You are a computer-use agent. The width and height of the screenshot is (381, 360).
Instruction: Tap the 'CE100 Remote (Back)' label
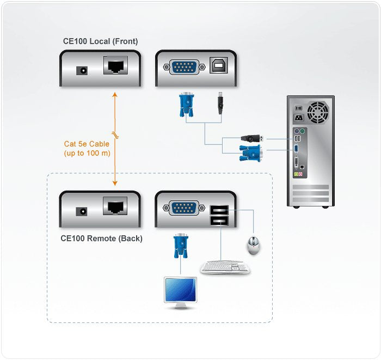pyautogui.click(x=102, y=238)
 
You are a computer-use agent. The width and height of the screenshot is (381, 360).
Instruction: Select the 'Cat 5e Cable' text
pyautogui.click(x=87, y=144)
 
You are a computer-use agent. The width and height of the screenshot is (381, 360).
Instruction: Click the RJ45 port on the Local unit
pyautogui.click(x=116, y=67)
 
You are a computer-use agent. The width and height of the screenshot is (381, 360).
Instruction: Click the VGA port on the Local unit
pyautogui.click(x=185, y=68)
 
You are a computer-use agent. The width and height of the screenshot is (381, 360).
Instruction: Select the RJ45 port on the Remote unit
pyautogui.click(x=116, y=207)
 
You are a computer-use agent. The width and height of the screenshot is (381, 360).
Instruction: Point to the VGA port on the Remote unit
pyautogui.click(x=185, y=208)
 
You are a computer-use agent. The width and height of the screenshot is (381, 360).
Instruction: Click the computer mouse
pyautogui.click(x=253, y=245)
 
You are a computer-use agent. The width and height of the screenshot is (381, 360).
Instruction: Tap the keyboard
pyautogui.click(x=225, y=267)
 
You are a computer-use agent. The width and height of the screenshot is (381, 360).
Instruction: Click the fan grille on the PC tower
pyautogui.click(x=318, y=113)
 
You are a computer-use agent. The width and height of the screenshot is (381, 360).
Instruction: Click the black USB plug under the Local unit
pyautogui.click(x=219, y=102)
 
